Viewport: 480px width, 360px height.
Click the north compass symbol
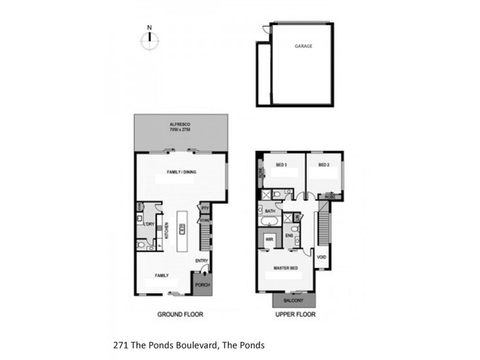tap(150, 39)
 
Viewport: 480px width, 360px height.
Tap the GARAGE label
tap(303, 46)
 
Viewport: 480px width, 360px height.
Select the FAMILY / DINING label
tap(181, 172)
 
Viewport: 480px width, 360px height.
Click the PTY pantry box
tap(205, 208)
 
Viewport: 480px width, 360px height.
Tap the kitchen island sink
tap(181, 227)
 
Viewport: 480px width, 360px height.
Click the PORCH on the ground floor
tap(203, 284)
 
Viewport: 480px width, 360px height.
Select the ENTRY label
tap(201, 261)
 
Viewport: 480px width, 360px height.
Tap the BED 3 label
tap(281, 165)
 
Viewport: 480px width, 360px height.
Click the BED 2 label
tap(324, 165)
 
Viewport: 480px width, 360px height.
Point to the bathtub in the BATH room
tap(268, 221)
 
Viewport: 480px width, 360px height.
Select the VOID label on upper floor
tap(322, 257)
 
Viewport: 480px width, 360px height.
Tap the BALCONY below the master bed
tap(295, 301)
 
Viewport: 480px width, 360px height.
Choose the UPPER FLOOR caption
tap(295, 314)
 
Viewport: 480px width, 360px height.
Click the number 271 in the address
tap(119, 345)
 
